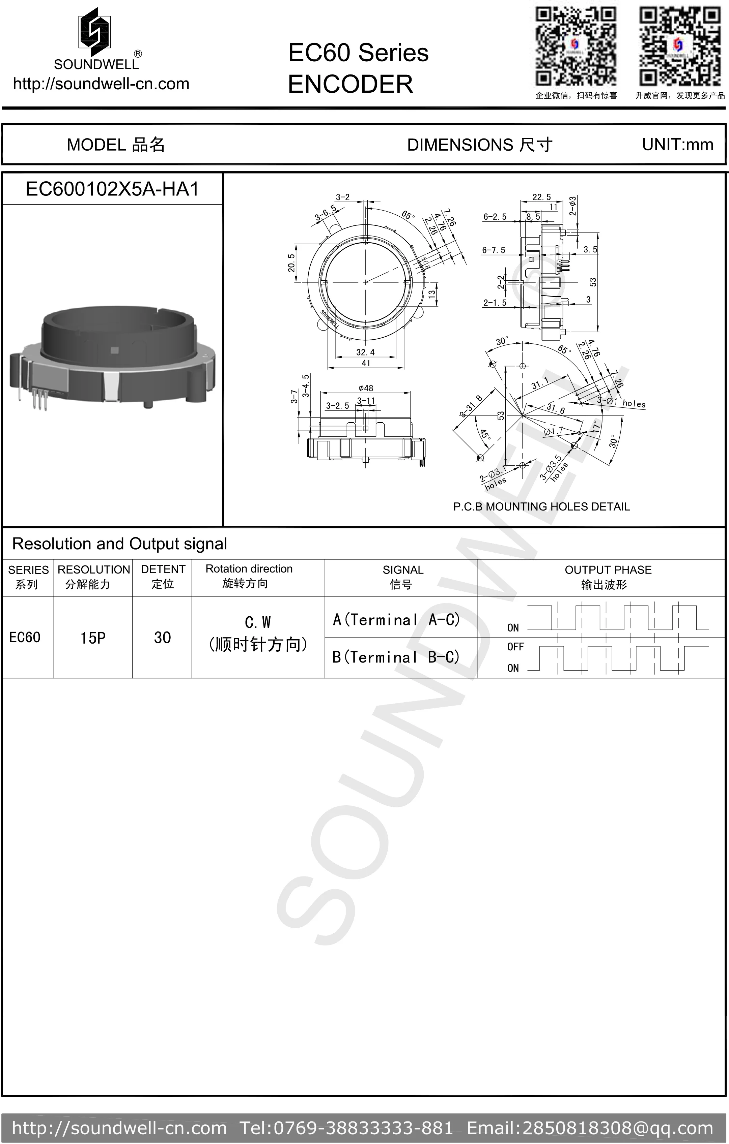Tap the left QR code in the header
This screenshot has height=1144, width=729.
(576, 46)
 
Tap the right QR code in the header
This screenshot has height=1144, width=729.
(679, 46)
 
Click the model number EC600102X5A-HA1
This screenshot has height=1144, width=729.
(112, 189)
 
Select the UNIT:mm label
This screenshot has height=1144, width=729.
(677, 145)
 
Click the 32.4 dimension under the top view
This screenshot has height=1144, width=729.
(365, 352)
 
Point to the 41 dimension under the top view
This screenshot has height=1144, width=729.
(365, 363)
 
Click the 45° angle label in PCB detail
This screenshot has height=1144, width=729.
(484, 435)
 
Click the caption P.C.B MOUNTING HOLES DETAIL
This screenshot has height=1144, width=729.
(541, 506)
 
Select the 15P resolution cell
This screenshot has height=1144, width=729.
(93, 638)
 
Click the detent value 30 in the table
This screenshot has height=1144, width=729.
(162, 638)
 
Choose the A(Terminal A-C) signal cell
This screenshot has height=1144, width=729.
(397, 619)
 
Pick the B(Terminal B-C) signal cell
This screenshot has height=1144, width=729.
(397, 657)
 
